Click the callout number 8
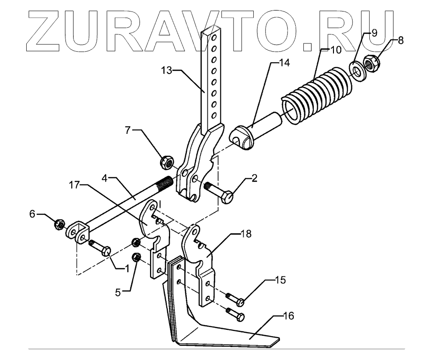[400, 40]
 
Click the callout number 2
[254, 178]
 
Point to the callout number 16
[288, 316]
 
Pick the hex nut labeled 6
[60, 223]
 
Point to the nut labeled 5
[135, 257]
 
